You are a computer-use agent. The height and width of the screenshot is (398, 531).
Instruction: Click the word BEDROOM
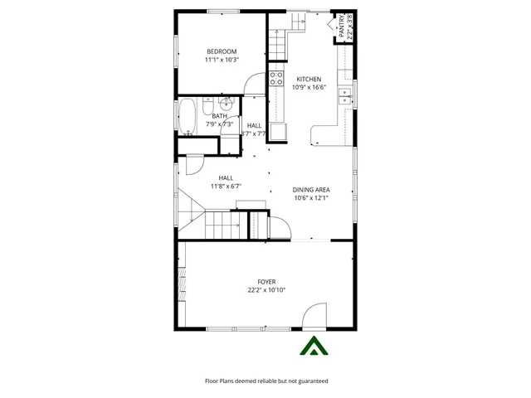point(222,51)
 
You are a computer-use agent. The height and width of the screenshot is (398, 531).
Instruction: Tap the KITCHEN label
point(309,80)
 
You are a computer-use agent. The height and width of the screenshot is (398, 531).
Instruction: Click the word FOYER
point(266,282)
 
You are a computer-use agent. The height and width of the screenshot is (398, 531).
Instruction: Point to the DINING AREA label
point(311,190)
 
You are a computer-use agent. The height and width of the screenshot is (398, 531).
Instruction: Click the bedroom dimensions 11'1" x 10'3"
point(222,60)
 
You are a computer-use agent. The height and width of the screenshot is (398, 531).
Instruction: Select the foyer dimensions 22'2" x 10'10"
point(266,290)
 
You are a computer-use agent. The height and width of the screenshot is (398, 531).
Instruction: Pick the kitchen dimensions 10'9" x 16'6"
point(309,87)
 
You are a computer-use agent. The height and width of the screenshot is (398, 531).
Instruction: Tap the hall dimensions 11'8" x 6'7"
point(226,187)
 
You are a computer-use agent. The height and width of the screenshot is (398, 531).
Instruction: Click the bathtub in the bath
point(187,117)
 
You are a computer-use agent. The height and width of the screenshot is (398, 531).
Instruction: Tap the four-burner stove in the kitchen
point(275,80)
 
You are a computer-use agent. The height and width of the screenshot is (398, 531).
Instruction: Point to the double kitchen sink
point(343,99)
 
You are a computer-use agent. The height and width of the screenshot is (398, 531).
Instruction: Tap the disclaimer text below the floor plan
point(266,381)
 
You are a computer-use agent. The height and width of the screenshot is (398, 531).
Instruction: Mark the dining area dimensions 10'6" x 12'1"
point(311,198)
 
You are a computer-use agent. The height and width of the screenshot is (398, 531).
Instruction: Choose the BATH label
point(219,116)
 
